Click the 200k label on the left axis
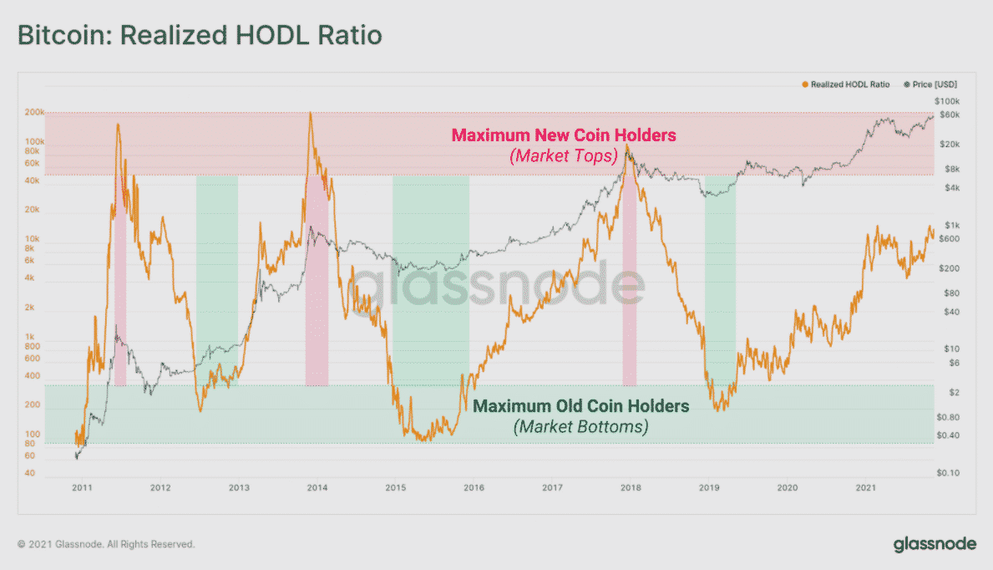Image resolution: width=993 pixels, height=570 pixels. coord(35,113)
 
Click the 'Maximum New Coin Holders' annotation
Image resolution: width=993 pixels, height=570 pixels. coord(564,135)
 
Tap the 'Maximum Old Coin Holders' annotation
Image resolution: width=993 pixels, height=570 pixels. coord(581,406)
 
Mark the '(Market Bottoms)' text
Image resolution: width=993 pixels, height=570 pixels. coord(581,426)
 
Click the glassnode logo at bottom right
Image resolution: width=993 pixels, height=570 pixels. coord(935,544)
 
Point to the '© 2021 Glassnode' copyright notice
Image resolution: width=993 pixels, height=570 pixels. coord(106,544)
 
